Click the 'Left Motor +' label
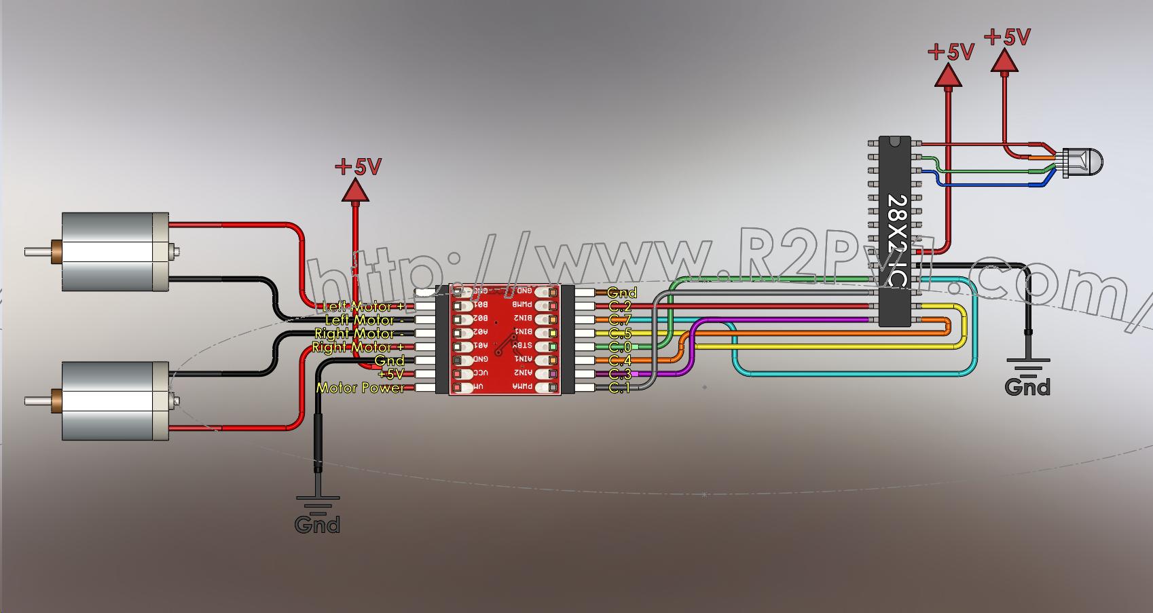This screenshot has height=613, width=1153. pyautogui.click(x=363, y=307)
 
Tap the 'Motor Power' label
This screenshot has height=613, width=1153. pyautogui.click(x=360, y=388)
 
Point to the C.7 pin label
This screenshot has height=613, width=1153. pyautogui.click(x=620, y=320)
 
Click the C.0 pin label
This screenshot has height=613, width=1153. pyautogui.click(x=620, y=347)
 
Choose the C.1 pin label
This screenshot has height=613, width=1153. pyautogui.click(x=619, y=388)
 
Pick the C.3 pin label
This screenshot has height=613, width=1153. pyautogui.click(x=620, y=374)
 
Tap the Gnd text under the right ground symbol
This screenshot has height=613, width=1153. pyautogui.click(x=1027, y=387)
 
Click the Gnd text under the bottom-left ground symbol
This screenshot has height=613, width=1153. pyautogui.click(x=317, y=525)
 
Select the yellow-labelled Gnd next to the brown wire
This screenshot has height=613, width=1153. pyautogui.click(x=621, y=293)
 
